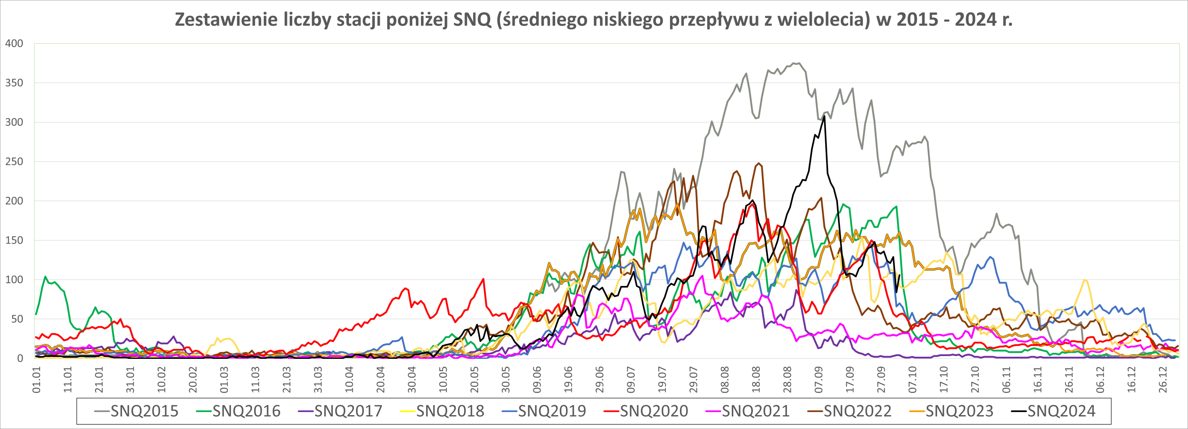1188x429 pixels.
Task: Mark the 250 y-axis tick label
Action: point(14,162)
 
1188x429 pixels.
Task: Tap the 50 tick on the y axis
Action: point(17,319)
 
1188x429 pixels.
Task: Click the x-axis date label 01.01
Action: point(36,379)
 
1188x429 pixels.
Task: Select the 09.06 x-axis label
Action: point(537,379)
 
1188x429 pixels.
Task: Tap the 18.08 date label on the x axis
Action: point(756,379)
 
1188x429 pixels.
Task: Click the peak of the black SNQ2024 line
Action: point(824,116)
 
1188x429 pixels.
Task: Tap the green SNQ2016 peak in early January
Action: point(45,277)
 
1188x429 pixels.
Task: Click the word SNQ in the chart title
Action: point(473,20)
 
